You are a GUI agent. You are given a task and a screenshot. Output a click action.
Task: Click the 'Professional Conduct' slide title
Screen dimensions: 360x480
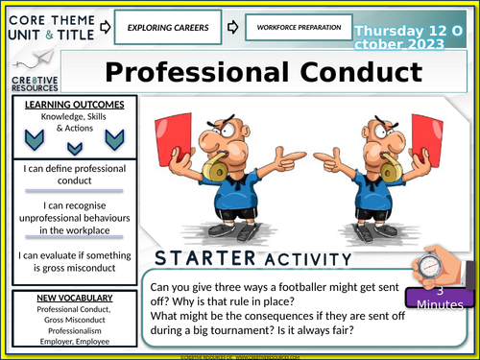click(x=262, y=73)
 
